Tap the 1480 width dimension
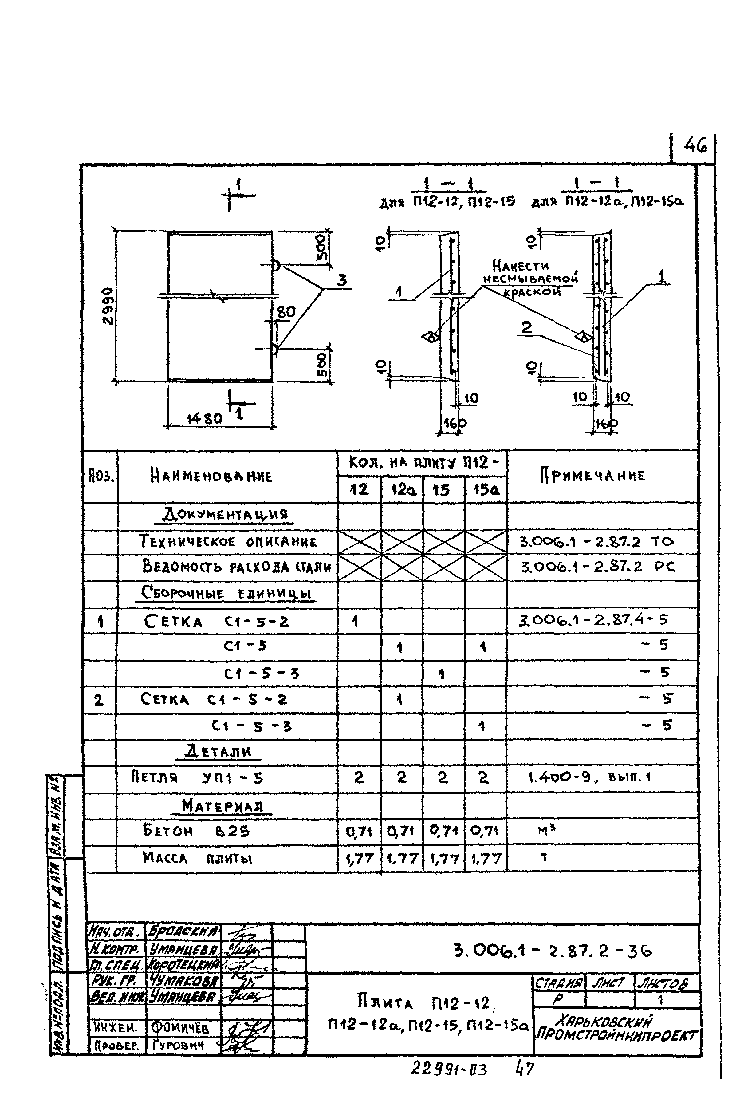click(x=204, y=418)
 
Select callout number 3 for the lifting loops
click(x=342, y=280)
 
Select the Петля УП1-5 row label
click(x=197, y=778)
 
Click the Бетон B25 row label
click(x=196, y=831)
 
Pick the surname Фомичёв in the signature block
click(x=180, y=1028)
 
